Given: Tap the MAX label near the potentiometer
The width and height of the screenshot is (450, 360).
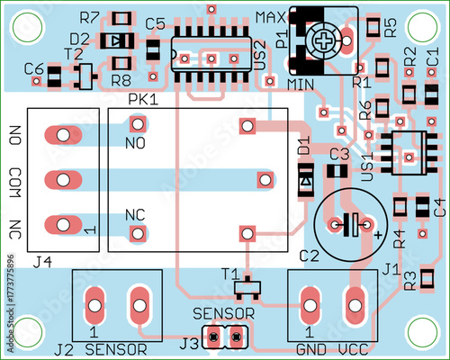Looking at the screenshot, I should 271,17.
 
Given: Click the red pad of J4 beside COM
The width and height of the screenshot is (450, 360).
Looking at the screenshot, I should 61,179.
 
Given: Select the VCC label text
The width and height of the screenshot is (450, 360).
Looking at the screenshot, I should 355,350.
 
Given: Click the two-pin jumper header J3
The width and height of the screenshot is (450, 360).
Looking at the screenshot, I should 225,338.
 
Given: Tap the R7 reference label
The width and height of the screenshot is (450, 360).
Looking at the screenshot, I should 89,17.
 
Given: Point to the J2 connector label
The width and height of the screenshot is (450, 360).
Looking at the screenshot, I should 63,349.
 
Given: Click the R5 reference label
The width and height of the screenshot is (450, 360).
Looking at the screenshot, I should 389,27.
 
